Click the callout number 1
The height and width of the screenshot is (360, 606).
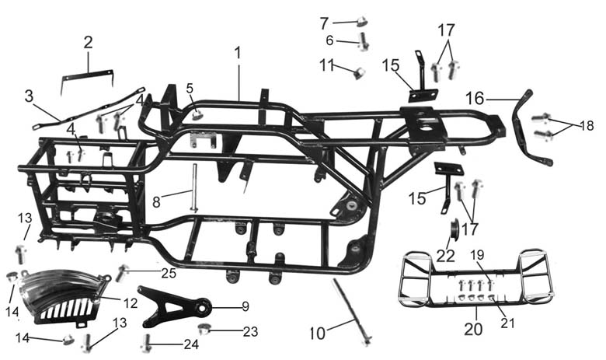coord(238,54)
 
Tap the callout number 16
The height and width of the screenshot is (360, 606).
coord(475,99)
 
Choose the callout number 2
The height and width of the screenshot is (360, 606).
coord(88,41)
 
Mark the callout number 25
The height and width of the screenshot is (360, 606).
coord(169,273)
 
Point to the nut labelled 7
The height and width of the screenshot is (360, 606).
coord(363,22)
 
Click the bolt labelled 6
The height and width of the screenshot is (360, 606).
coord(363,41)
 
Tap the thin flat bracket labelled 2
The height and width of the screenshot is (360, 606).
coord(89,75)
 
